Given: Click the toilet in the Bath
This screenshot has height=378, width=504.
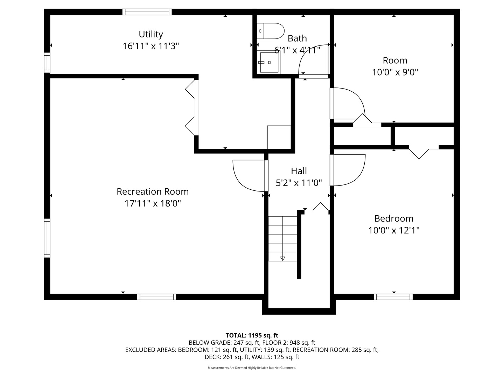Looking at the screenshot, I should point(270,31).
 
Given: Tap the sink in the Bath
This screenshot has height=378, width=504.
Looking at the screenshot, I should point(269,62).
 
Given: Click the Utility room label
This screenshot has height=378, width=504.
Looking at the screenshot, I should point(151,34).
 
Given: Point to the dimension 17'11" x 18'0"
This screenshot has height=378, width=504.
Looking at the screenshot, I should point(153,203).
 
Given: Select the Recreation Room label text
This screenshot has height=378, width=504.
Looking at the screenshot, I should point(153,192).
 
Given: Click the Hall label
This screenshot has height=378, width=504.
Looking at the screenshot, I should point(299,171).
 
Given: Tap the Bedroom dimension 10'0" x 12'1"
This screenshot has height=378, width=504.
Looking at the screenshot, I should point(394,230).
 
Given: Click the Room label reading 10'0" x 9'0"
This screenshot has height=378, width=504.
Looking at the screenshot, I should point(395,72).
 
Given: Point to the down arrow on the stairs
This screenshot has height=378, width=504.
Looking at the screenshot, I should point(283,258).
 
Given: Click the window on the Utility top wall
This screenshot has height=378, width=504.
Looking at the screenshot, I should point(147,12).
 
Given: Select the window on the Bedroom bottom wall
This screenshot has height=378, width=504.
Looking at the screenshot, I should point(393,297).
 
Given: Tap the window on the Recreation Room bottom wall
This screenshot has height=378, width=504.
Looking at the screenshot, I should point(157,297).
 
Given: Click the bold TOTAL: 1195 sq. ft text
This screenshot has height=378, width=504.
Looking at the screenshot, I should point(252,335).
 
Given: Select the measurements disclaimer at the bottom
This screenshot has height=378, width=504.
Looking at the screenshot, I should point(252,368).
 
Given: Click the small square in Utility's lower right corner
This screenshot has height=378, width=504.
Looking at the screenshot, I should point(279,137).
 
